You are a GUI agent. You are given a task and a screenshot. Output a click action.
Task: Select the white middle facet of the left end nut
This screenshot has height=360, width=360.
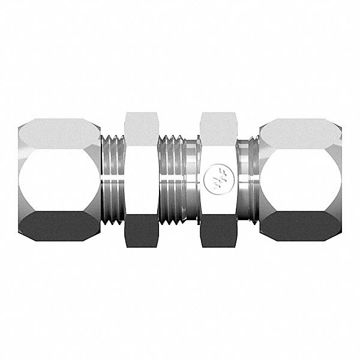click(x=59, y=179)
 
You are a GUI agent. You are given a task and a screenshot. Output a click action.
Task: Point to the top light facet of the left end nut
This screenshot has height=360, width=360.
click(x=59, y=134)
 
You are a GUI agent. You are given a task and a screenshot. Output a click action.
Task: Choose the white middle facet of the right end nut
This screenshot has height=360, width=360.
click(x=301, y=179)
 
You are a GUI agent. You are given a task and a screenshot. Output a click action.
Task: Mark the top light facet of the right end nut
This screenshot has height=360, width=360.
click(x=301, y=134)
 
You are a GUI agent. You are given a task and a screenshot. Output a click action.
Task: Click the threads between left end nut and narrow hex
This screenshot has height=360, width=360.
click(x=112, y=179)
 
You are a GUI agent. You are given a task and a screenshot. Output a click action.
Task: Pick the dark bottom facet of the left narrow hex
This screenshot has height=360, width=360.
click(x=141, y=231)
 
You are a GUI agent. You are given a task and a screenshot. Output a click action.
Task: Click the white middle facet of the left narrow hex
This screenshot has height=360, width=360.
click(x=141, y=179)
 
